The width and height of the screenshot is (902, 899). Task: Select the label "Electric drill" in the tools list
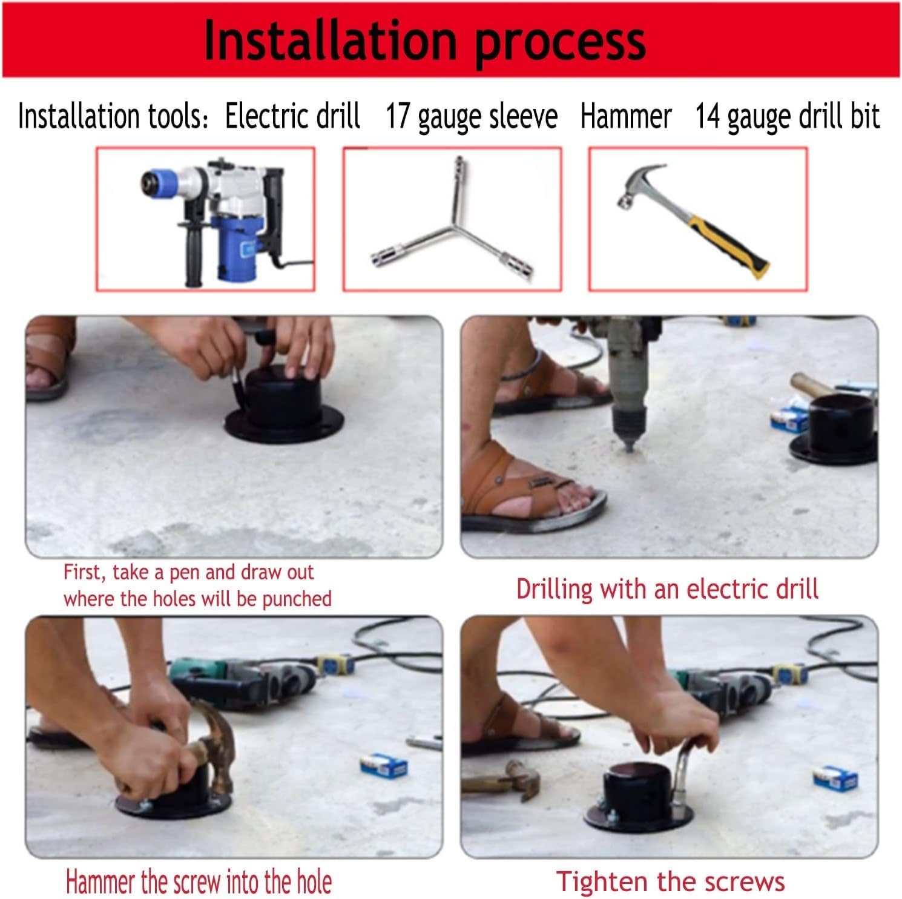293,115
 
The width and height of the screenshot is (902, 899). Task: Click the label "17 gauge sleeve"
472,116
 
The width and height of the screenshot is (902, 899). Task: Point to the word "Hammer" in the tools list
626,116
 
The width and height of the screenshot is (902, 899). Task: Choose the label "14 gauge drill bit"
787,116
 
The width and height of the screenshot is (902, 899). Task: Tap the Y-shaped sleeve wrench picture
452,219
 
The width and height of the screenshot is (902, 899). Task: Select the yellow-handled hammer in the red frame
693,221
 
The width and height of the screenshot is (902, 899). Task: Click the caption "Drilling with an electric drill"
667,589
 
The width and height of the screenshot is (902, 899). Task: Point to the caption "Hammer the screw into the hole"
199,881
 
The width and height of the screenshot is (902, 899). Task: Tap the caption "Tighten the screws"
670,881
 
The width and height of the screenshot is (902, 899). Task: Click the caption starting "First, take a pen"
197,585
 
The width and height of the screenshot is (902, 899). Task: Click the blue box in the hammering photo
384,765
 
